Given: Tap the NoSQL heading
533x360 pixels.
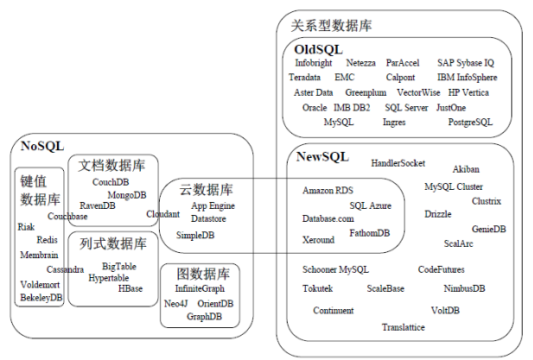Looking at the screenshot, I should [42, 146].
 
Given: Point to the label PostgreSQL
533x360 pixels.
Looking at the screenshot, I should [470, 123].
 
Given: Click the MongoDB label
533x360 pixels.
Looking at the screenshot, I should [127, 195].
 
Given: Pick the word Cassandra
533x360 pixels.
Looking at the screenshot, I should [66, 269].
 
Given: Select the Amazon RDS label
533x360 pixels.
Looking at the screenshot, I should [327, 190].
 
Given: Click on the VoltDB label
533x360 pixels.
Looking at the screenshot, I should [445, 310].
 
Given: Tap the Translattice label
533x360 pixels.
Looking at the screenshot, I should [403, 327].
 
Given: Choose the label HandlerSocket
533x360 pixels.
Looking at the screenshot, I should [397, 162].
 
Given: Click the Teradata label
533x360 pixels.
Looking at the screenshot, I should [305, 78].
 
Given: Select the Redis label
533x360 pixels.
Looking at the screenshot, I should [48, 240].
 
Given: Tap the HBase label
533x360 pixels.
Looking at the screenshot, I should [130, 288].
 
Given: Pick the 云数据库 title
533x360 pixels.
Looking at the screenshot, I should [206, 189].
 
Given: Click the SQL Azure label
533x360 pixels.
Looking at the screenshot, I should [371, 205].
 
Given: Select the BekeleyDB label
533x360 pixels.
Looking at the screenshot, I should [41, 298].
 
